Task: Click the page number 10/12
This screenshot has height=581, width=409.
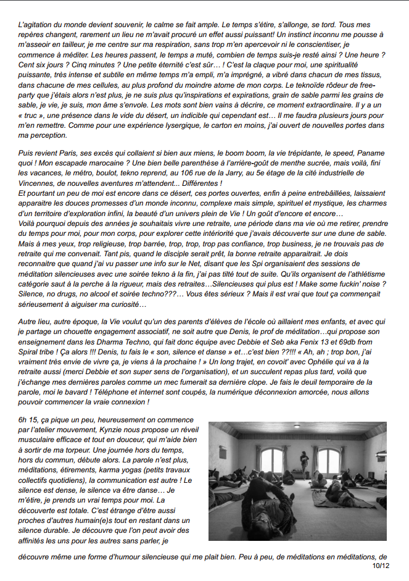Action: [381, 566]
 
